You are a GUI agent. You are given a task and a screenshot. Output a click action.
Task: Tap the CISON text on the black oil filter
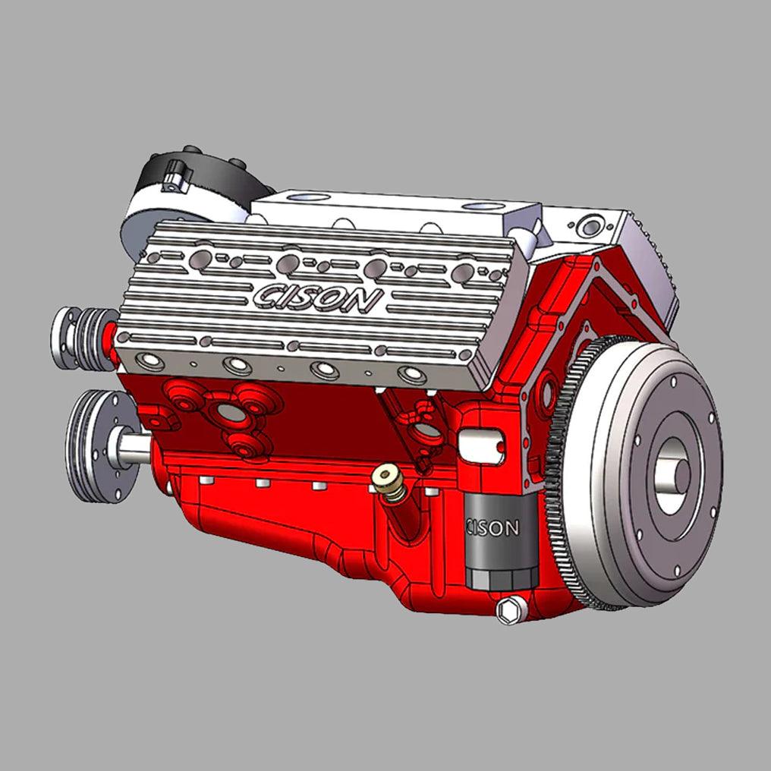pos(493,527)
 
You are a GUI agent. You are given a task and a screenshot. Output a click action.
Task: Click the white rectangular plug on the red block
pos(482,446)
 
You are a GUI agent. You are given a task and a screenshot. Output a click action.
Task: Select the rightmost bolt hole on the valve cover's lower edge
pos(413,374)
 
